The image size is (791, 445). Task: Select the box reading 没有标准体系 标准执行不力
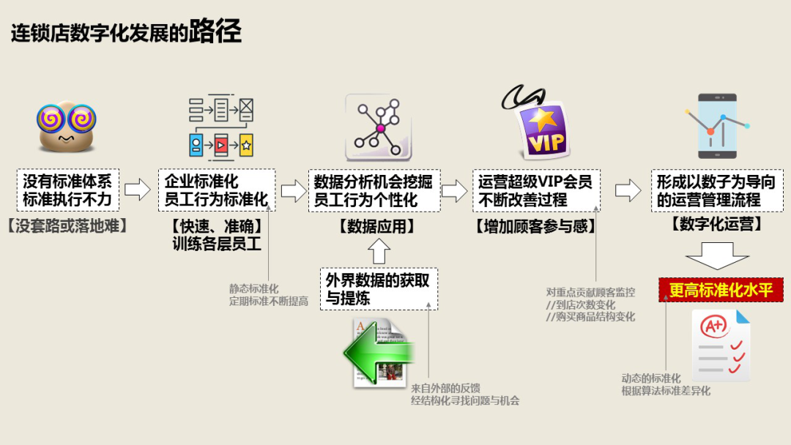(x=67, y=190)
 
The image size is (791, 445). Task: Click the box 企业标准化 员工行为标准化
(x=217, y=190)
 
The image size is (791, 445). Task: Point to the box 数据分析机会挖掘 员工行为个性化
(x=373, y=190)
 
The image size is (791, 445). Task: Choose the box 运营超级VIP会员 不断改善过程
(x=535, y=190)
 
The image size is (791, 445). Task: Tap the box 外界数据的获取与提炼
(x=378, y=288)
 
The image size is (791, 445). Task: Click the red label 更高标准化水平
(x=721, y=290)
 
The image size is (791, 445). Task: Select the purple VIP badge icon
(x=543, y=131)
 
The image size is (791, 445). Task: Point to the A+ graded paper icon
(x=721, y=344)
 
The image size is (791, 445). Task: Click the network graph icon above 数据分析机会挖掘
(x=379, y=127)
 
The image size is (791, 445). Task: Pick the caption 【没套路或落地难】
(x=67, y=226)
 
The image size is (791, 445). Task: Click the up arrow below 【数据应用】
(x=378, y=252)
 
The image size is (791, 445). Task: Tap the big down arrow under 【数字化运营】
(x=717, y=258)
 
